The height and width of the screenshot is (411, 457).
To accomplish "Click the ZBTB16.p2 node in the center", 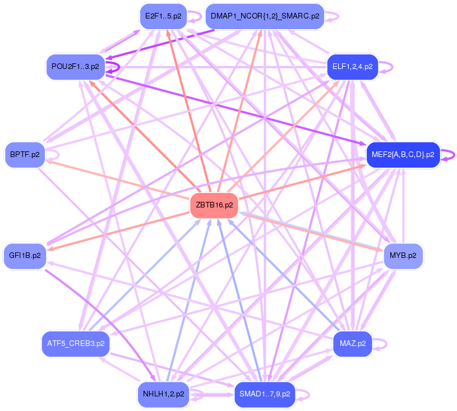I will click(214, 205).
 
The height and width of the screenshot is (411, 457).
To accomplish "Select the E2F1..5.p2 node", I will click(163, 16).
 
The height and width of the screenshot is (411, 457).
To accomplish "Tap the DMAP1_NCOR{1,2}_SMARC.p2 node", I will click(265, 16).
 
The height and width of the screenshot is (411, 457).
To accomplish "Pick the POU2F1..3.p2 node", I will click(75, 67).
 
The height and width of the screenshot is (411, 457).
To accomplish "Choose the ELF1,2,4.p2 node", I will click(352, 67).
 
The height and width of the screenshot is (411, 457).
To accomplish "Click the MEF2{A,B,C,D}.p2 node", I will click(403, 155).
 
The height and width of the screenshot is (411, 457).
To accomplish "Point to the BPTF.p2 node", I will click(25, 155).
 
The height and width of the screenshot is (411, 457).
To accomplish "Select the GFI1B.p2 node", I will click(25, 256).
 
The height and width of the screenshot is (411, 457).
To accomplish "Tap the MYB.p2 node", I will click(403, 256).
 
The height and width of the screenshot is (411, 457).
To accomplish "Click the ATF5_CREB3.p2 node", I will click(75, 343).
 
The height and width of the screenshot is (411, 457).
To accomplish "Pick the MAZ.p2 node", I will click(352, 343).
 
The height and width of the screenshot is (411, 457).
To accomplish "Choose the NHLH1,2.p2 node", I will click(163, 394).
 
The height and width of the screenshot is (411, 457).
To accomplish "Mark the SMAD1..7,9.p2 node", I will click(265, 394).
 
